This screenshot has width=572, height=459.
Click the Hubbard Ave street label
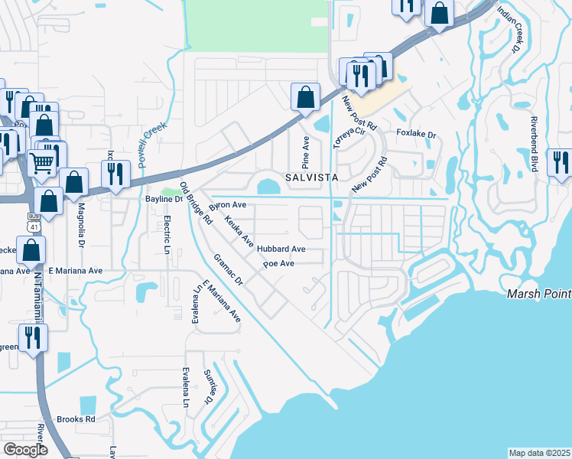pyautogui.click(x=281, y=249)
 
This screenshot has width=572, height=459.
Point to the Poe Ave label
pyautogui.click(x=278, y=263)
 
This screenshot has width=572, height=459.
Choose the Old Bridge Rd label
pyautogui.click(x=196, y=203)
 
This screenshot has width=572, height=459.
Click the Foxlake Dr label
pyautogui.click(x=416, y=135)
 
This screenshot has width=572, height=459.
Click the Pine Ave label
pyautogui.click(x=306, y=153)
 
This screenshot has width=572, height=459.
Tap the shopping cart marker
pyautogui.click(x=42, y=161)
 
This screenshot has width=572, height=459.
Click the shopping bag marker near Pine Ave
pyautogui.click(x=304, y=97)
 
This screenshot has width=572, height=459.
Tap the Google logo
pyautogui.click(x=25, y=450)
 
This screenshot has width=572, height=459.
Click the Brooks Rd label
pyautogui.click(x=76, y=419)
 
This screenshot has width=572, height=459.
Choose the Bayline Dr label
pyautogui.click(x=164, y=199)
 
